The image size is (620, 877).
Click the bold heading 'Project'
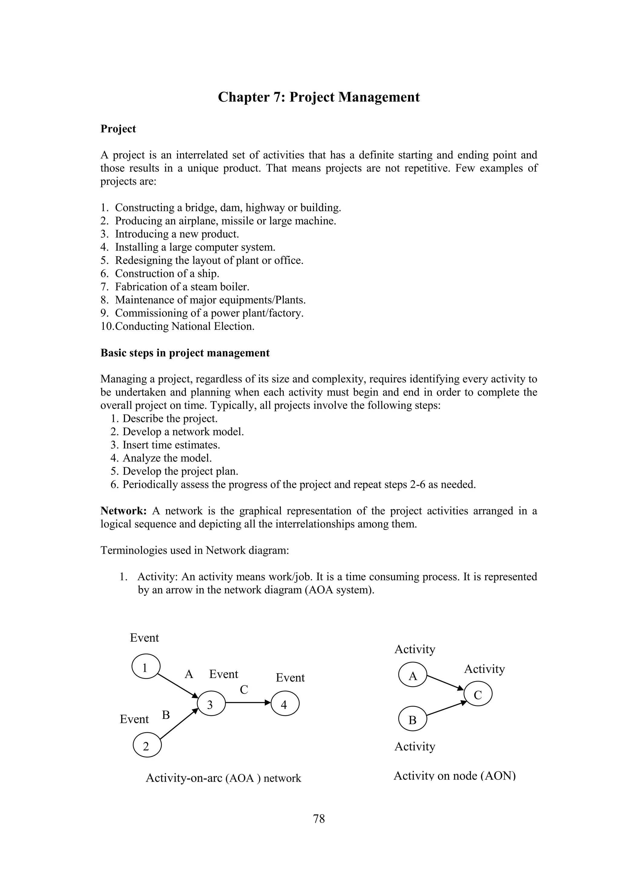[118, 129]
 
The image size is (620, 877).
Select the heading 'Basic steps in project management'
[185, 352]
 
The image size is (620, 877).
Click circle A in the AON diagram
[412, 675]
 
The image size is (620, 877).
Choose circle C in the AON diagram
[478, 695]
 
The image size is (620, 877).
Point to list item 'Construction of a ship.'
[167, 273]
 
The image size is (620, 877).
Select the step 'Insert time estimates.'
[171, 445]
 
